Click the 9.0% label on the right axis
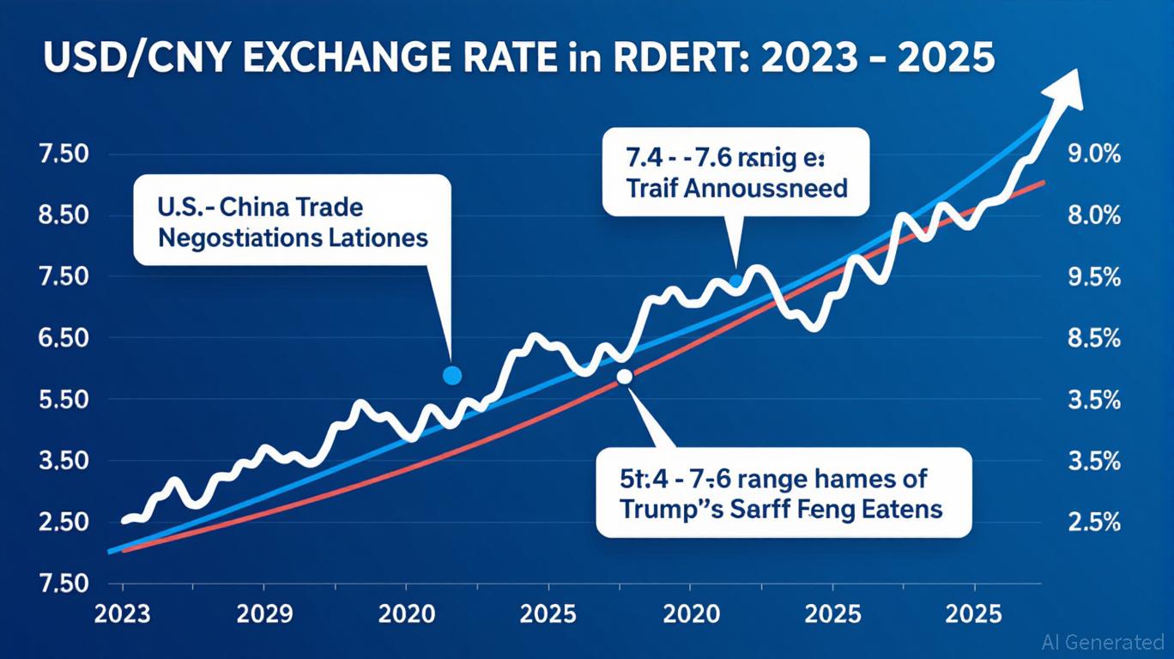1093,155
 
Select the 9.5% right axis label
1093,277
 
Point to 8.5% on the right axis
1093,338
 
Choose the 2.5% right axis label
1093,522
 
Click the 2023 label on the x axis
123,614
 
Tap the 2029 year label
264,614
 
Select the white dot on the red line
624,376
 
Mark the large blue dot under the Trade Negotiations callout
451,375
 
